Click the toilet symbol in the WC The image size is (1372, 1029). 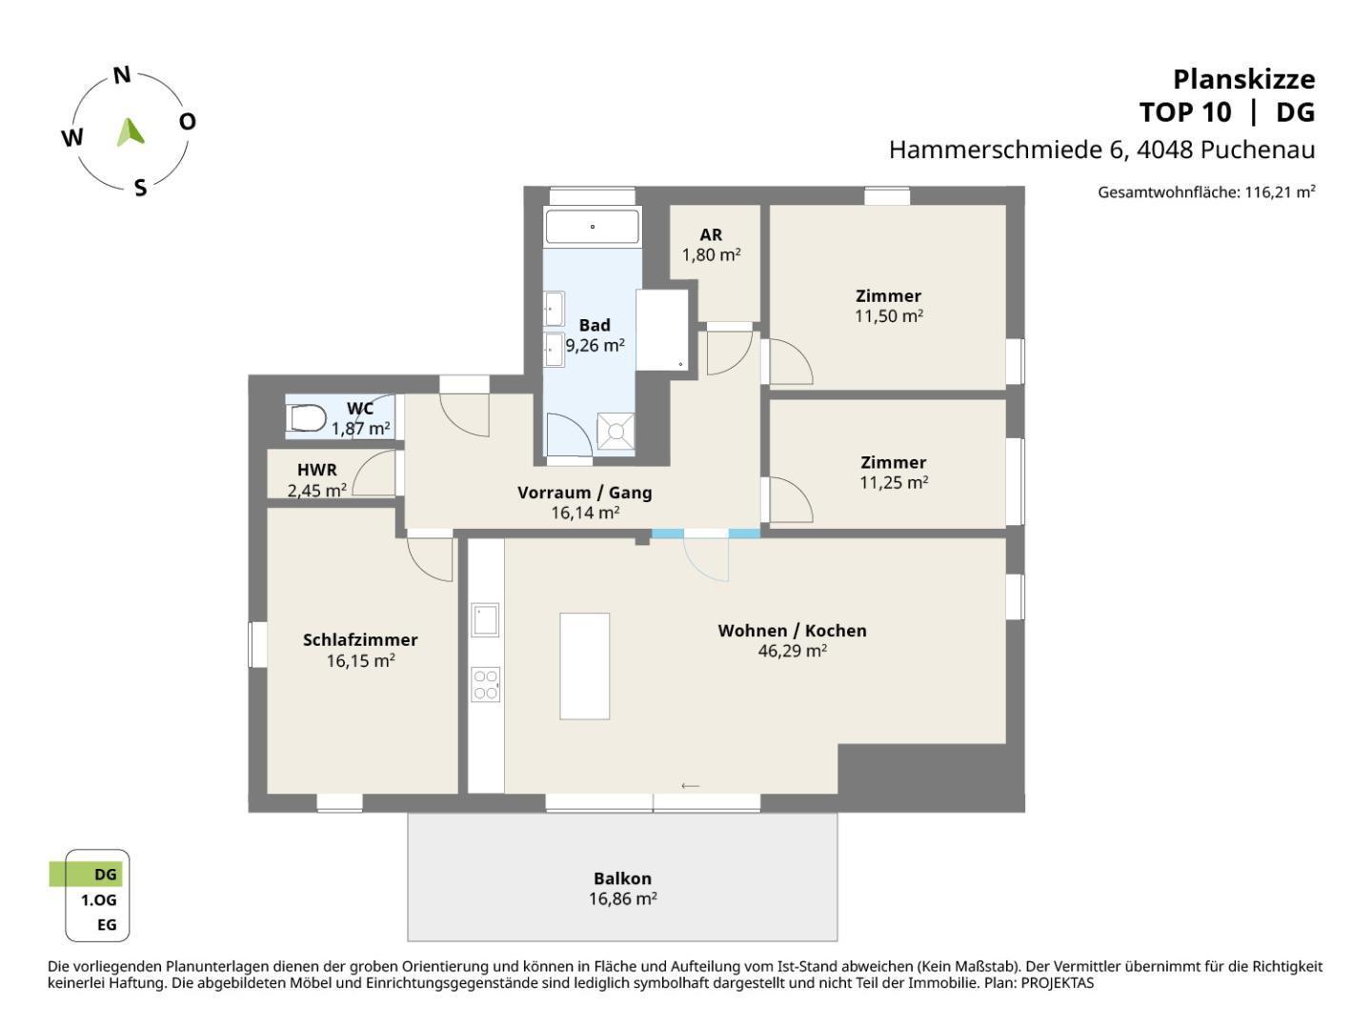306,417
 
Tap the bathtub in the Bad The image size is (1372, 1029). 592,227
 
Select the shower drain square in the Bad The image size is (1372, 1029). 615,432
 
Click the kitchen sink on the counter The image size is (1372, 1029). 486,620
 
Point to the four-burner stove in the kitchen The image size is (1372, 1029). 486,685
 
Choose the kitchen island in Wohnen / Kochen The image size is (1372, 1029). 584,666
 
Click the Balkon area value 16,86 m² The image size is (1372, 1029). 622,898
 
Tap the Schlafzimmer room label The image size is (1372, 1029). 360,640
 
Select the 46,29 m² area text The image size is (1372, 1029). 792,652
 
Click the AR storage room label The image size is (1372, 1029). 711,234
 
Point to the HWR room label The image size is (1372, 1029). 316,471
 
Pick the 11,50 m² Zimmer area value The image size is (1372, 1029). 888,316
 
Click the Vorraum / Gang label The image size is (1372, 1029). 584,493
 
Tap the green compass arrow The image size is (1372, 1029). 131,132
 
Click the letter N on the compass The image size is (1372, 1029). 122,76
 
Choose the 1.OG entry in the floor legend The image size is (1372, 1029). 98,899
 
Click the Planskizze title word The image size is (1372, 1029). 1243,79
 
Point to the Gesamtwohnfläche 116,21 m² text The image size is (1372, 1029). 1206,192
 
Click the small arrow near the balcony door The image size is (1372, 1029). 691,786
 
